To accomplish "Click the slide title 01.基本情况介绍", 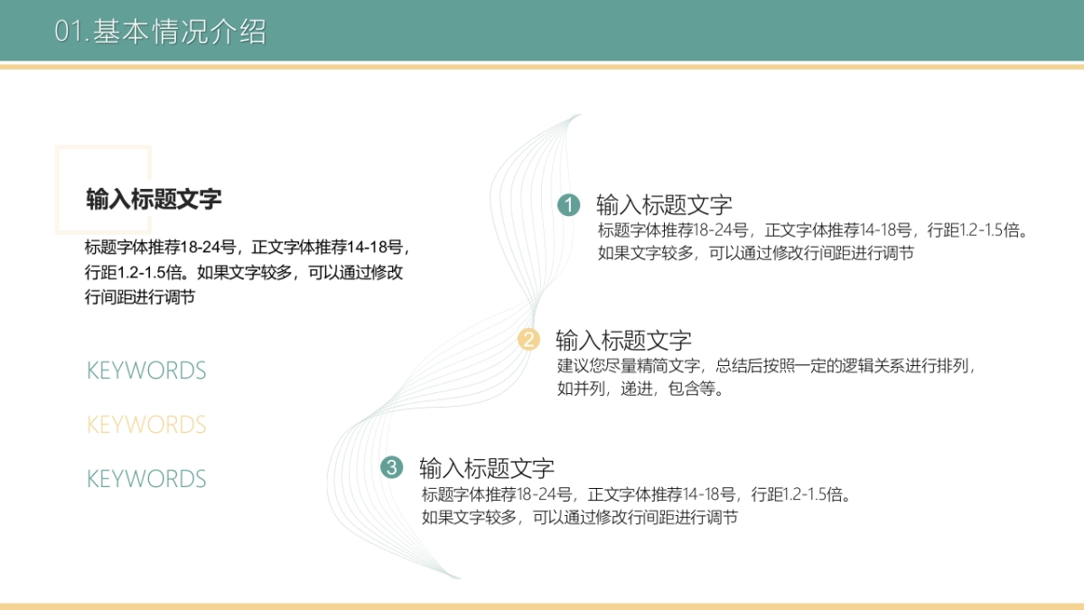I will tap(161, 32).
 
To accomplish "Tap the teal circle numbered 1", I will tap(568, 205).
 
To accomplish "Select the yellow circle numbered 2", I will tap(528, 340).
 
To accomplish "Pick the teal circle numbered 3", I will tap(391, 467).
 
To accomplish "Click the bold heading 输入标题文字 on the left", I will tap(154, 200).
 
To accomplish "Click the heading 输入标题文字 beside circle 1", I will tap(664, 205).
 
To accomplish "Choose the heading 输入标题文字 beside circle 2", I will tap(623, 341).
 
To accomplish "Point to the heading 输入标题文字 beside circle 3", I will tap(487, 468).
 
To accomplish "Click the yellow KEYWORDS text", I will tap(146, 425).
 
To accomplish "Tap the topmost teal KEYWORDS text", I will tap(146, 371).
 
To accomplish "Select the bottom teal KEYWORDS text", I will tap(146, 479).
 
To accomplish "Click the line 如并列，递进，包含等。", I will tap(640, 389).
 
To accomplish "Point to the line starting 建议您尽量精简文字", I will tap(768, 367).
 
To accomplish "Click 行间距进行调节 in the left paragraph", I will tap(140, 297).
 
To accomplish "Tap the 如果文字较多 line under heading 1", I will tap(755, 253).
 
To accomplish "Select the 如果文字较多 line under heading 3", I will tap(579, 518).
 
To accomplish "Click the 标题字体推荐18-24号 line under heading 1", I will tap(813, 230).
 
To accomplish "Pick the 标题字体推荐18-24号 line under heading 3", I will tap(637, 494).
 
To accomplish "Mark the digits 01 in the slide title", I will tap(69, 33).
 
